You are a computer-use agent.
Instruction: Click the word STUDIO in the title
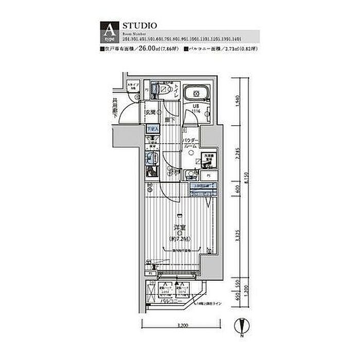point(136,24)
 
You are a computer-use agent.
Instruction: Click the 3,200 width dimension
point(179,325)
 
